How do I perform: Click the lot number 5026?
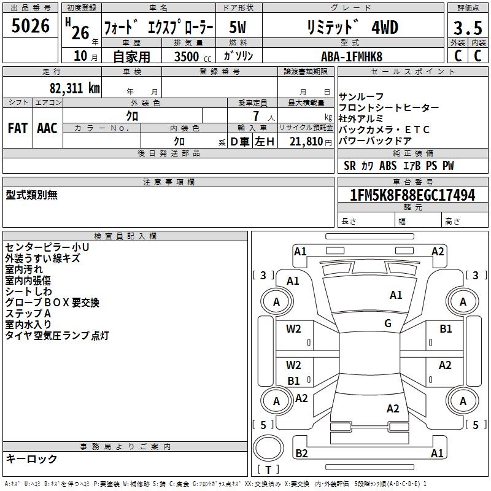pyautogui.click(x=31, y=26)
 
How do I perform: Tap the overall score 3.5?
pyautogui.click(x=467, y=28)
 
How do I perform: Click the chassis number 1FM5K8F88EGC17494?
pyautogui.click(x=412, y=195)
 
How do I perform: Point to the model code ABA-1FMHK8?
pyautogui.click(x=352, y=56)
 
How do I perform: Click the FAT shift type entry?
pyautogui.click(x=17, y=128)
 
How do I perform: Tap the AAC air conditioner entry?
pyautogui.click(x=47, y=128)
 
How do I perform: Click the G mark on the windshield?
pyautogui.click(x=387, y=323)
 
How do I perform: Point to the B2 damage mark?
pyautogui.click(x=301, y=453)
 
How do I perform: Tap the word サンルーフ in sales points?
pyautogui.click(x=361, y=97)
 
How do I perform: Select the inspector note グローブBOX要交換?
pyautogui.click(x=52, y=303)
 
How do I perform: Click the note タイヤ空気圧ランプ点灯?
pyautogui.click(x=57, y=336)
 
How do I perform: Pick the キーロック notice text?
pyautogui.click(x=32, y=459)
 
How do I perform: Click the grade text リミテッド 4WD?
pyautogui.click(x=352, y=27)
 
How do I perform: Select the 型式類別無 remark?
pyautogui.click(x=32, y=195)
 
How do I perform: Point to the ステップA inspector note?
pyautogui.click(x=28, y=314)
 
